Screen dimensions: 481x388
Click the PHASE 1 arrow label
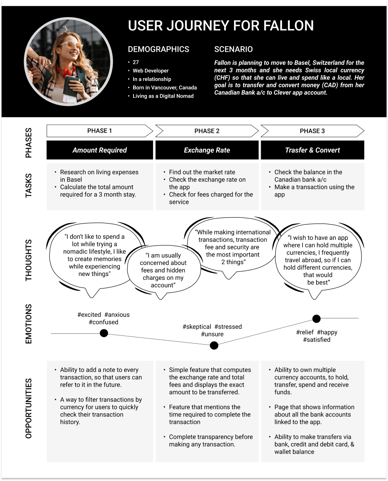point(99,131)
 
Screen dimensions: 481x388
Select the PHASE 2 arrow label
point(207,131)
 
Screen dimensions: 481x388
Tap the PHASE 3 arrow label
point(312,131)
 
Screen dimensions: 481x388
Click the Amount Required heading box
point(100,150)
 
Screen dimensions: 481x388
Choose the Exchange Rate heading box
point(207,150)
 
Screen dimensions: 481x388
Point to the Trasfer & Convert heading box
point(312,150)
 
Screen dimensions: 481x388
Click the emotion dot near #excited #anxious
point(104,333)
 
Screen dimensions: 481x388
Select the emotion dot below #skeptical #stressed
point(214,345)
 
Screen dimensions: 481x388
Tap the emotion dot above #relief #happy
point(316,318)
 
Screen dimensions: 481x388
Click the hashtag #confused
point(103,322)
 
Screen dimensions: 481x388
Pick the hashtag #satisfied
point(317,340)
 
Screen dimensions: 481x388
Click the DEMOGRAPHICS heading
point(158,49)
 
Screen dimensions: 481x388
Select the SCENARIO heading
point(233,49)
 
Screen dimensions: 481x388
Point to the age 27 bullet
point(136,62)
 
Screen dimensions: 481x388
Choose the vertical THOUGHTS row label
point(29,260)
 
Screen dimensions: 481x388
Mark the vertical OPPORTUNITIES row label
point(29,408)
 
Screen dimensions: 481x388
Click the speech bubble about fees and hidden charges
point(163,270)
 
